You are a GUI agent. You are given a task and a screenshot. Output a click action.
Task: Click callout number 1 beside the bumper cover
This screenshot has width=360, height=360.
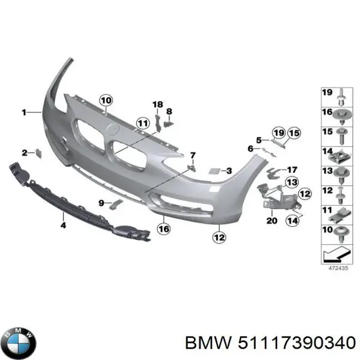[x=24, y=112]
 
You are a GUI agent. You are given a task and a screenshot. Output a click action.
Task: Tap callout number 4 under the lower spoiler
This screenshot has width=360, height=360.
[x=62, y=225]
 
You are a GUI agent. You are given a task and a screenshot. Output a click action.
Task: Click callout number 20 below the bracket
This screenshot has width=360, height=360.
[x=271, y=221]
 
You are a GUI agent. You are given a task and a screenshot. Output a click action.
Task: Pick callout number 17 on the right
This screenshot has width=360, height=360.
[x=292, y=169]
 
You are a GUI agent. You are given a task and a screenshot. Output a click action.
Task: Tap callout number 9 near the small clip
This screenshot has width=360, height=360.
[x=101, y=202]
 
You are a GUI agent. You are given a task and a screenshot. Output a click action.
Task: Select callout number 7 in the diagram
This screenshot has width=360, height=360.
[x=193, y=155]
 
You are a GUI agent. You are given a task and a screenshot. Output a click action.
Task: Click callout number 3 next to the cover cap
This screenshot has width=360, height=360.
[x=229, y=172]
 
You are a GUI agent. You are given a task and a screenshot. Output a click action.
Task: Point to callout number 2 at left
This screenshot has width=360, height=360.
[x=24, y=152]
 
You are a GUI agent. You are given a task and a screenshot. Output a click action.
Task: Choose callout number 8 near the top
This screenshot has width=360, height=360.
[x=169, y=111]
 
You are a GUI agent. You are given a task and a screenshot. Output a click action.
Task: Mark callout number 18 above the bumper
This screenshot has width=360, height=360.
[x=157, y=105]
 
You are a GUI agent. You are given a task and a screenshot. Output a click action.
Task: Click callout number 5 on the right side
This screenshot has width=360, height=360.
[x=259, y=140]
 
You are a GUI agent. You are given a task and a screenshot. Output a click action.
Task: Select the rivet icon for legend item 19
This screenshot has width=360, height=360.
[x=341, y=95]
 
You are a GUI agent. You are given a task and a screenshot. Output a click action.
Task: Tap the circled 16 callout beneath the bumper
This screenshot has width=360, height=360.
[x=163, y=228]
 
